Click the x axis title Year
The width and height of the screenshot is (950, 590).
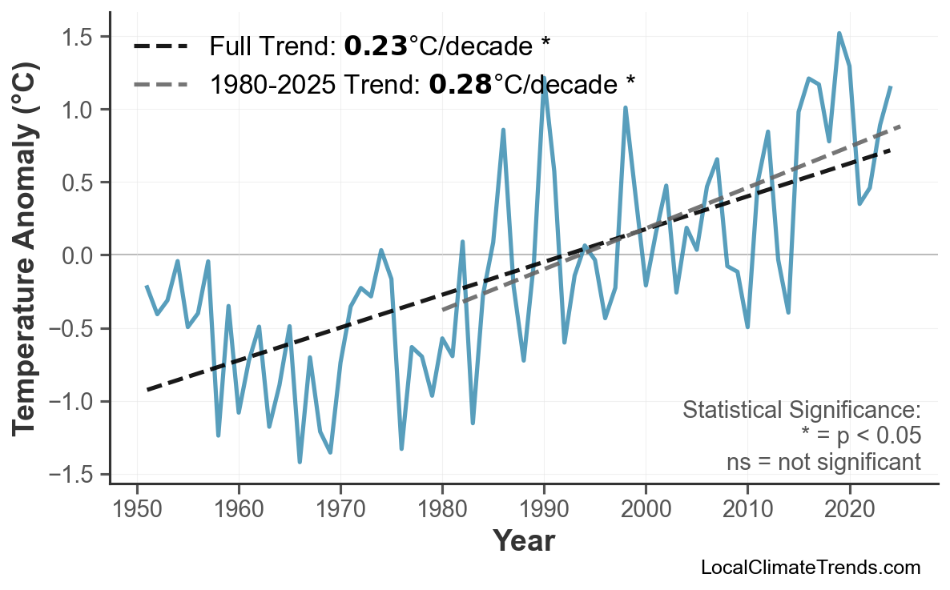pos(523,541)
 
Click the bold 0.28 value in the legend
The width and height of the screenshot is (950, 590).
pos(460,83)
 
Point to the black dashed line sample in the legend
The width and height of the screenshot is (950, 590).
pos(162,46)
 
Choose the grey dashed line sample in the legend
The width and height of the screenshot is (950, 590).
pos(162,83)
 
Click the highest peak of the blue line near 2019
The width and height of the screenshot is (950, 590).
pos(839,34)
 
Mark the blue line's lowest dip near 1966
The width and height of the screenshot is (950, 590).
pos(300,461)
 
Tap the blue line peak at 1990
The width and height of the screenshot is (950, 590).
pos(544,78)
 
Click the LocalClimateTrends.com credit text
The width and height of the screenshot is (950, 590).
pos(810,568)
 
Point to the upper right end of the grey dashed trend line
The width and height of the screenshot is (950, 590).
pos(900,126)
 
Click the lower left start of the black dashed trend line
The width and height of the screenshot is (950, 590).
pos(147,390)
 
